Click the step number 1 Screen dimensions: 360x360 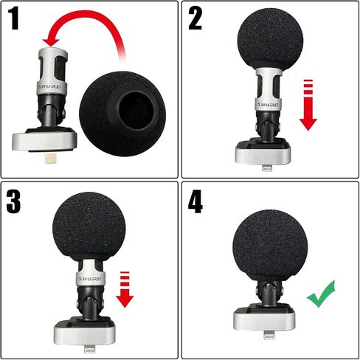pyautogui.click(x=14, y=18)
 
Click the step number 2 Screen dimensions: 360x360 pyautogui.click(x=195, y=18)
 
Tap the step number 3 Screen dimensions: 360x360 pyautogui.click(x=13, y=201)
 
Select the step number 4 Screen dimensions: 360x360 pyautogui.click(x=195, y=201)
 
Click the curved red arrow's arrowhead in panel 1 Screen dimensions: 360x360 pyautogui.click(x=51, y=42)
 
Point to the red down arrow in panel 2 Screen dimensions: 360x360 pyautogui.click(x=308, y=105)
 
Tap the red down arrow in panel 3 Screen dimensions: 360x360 pyautogui.click(x=125, y=289)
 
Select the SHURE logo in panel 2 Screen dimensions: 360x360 pyautogui.click(x=268, y=105)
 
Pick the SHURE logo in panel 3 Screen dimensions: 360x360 pyautogui.click(x=90, y=279)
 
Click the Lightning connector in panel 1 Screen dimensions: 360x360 pyautogui.click(x=50, y=159)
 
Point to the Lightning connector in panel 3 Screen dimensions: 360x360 pyautogui.click(x=89, y=350)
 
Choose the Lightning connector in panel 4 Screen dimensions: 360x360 pyautogui.click(x=269, y=335)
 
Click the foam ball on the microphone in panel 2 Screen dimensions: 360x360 pyautogui.click(x=270, y=39)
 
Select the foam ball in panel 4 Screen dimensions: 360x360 pyautogui.click(x=270, y=246)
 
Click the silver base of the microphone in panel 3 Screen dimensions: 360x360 pyautogui.click(x=85, y=335)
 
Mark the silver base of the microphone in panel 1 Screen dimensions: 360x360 pyautogui.click(x=44, y=142)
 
